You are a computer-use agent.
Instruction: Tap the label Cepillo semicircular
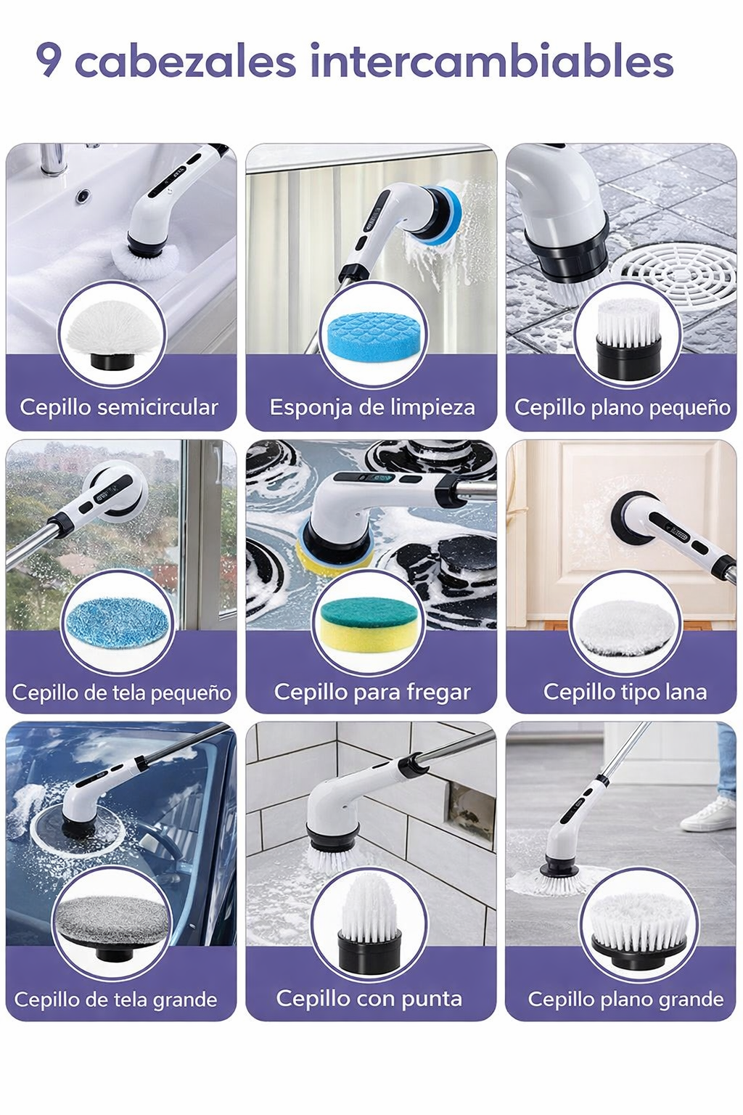tap(119, 407)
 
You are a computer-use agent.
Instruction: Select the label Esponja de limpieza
tap(372, 407)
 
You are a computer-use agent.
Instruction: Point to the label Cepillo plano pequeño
tap(622, 408)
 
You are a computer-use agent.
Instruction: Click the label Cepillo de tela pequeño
tap(121, 693)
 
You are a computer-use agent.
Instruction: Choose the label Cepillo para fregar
tap(372, 692)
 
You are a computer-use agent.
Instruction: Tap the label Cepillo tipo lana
tap(625, 692)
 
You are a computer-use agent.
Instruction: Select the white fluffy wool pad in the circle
tap(625, 626)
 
